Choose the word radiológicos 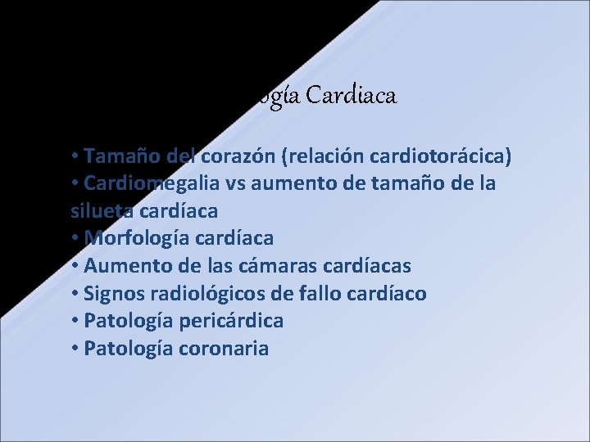(x=210, y=294)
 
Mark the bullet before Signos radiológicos (x=75, y=294)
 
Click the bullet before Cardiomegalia (x=75, y=183)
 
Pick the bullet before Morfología (x=75, y=238)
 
